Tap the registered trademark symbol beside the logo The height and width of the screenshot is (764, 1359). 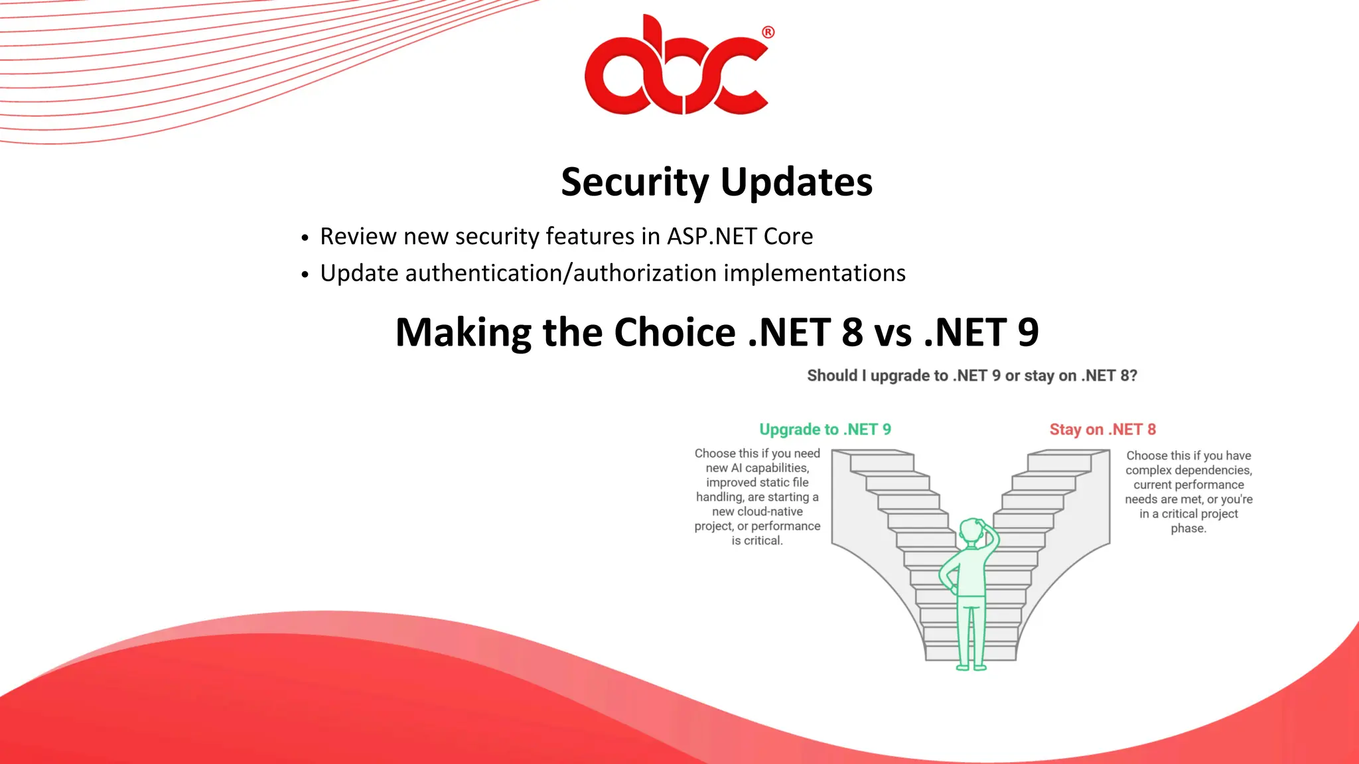(x=768, y=32)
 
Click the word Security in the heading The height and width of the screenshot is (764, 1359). (x=635, y=182)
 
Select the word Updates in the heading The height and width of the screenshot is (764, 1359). (x=796, y=182)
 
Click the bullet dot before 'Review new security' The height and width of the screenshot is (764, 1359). (x=305, y=238)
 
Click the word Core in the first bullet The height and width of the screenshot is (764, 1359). (x=788, y=236)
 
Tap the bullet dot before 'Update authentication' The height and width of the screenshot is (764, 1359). (x=305, y=275)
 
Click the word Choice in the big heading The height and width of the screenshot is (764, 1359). (x=674, y=332)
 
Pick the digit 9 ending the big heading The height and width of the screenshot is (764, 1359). (x=1028, y=332)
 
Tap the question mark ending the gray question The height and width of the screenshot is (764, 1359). (x=1133, y=375)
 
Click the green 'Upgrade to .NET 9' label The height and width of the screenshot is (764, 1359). (x=825, y=429)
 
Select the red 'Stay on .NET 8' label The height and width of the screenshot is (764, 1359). (x=1102, y=429)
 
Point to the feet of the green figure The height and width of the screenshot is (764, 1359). (x=971, y=667)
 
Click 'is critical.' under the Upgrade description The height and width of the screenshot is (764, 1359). (x=757, y=541)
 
